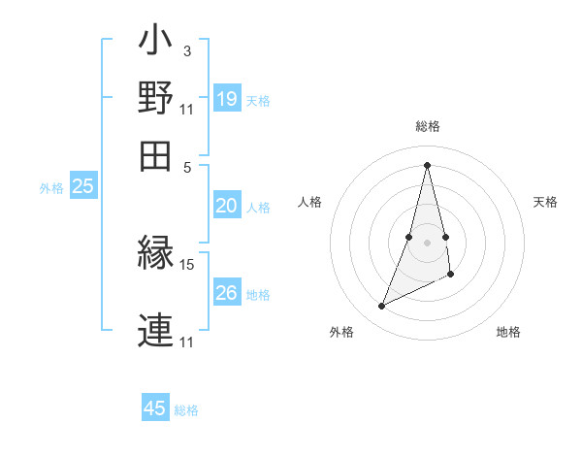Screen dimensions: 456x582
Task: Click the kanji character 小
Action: click(x=155, y=43)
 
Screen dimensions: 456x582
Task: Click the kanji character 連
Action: click(x=155, y=328)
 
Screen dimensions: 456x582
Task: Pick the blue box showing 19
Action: click(x=227, y=99)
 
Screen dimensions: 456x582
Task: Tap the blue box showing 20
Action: click(x=227, y=206)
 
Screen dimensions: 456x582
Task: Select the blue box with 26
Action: click(x=227, y=293)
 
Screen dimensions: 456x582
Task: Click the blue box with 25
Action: click(x=83, y=187)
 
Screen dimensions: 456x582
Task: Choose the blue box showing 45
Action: click(x=155, y=408)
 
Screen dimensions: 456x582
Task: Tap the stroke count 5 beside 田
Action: click(x=187, y=166)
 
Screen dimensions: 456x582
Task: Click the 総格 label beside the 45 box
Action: click(x=186, y=410)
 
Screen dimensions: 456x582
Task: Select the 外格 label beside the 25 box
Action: click(x=51, y=189)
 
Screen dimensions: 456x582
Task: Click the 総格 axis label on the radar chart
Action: click(x=427, y=126)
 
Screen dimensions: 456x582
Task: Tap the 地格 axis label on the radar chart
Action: click(x=508, y=333)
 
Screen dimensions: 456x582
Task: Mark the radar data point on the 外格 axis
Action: click(x=382, y=307)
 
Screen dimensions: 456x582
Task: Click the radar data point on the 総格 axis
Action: click(x=427, y=165)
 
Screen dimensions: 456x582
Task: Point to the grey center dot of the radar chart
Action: click(x=427, y=243)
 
